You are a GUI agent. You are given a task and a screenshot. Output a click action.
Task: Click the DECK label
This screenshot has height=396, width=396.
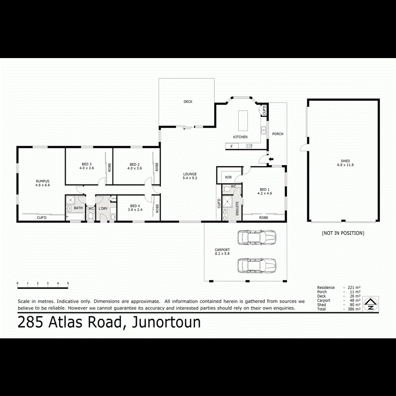[188, 102]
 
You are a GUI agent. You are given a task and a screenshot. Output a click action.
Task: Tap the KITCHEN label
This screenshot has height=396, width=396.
[240, 137]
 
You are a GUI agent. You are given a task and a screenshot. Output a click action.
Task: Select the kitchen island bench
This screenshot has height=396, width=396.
[242, 121]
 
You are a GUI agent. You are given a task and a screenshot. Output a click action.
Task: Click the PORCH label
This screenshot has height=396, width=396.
[278, 134]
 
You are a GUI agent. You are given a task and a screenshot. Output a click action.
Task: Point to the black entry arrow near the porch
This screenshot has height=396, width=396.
[271, 158]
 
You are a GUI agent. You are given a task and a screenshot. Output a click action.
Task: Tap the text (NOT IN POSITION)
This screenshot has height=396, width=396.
[343, 233]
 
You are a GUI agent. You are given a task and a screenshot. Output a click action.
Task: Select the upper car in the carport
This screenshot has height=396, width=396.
[257, 238]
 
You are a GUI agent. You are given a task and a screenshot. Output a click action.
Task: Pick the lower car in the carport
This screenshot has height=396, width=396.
[257, 265]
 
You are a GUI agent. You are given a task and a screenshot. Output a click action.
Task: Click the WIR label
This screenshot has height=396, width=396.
[228, 177]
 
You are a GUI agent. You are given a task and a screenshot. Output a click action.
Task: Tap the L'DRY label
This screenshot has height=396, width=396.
[103, 208]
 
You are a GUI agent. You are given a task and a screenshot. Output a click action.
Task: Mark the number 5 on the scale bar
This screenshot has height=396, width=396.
[68, 283]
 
